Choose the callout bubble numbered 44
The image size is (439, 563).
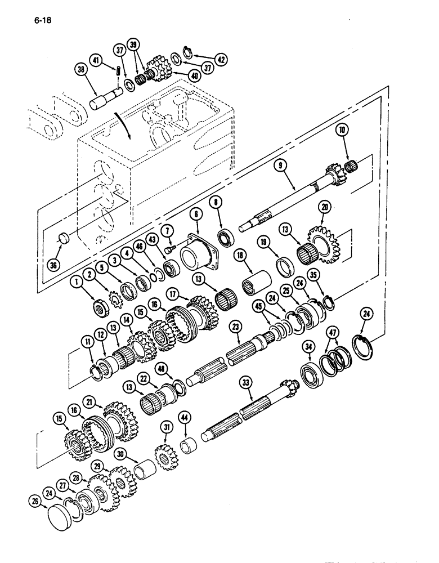(185, 417)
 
